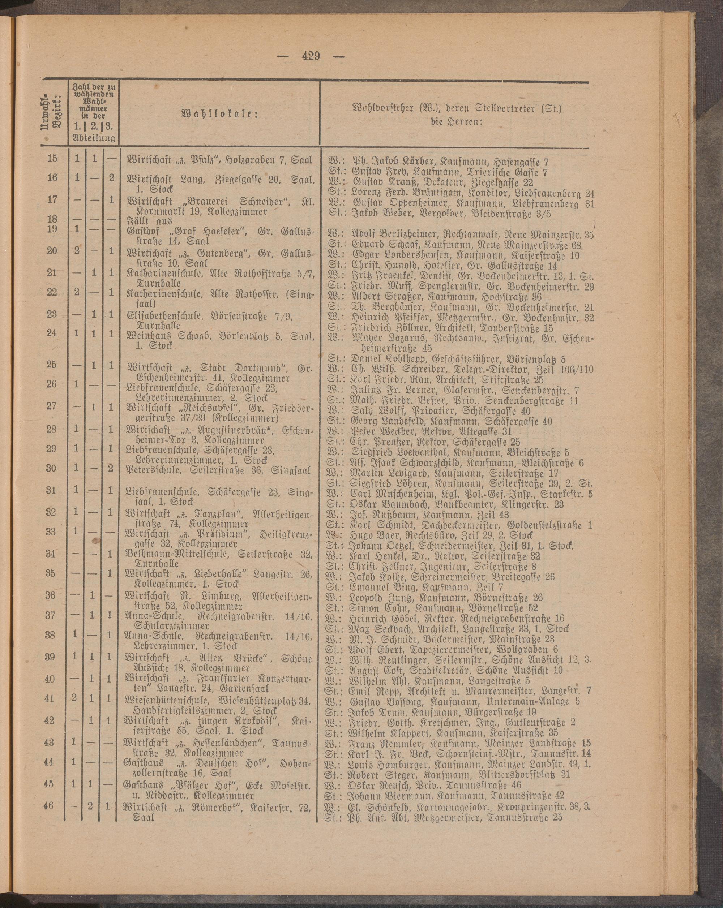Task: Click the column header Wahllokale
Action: [219, 115]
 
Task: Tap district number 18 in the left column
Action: [52, 219]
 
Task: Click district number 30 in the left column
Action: [51, 468]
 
